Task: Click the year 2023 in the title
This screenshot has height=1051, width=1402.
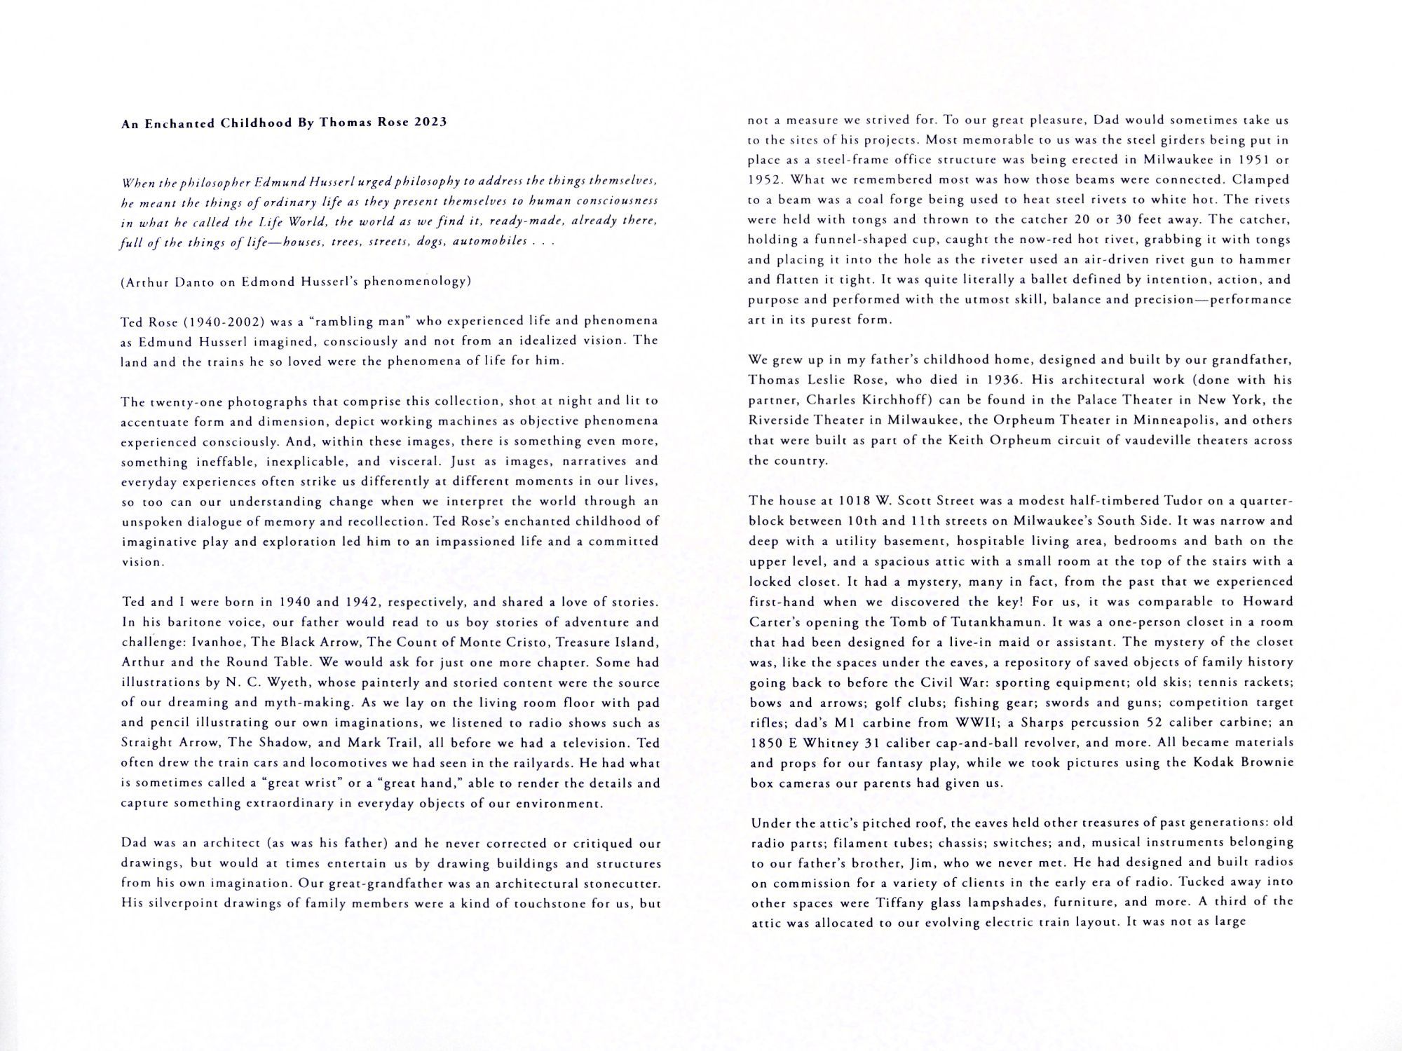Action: pyautogui.click(x=430, y=123)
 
